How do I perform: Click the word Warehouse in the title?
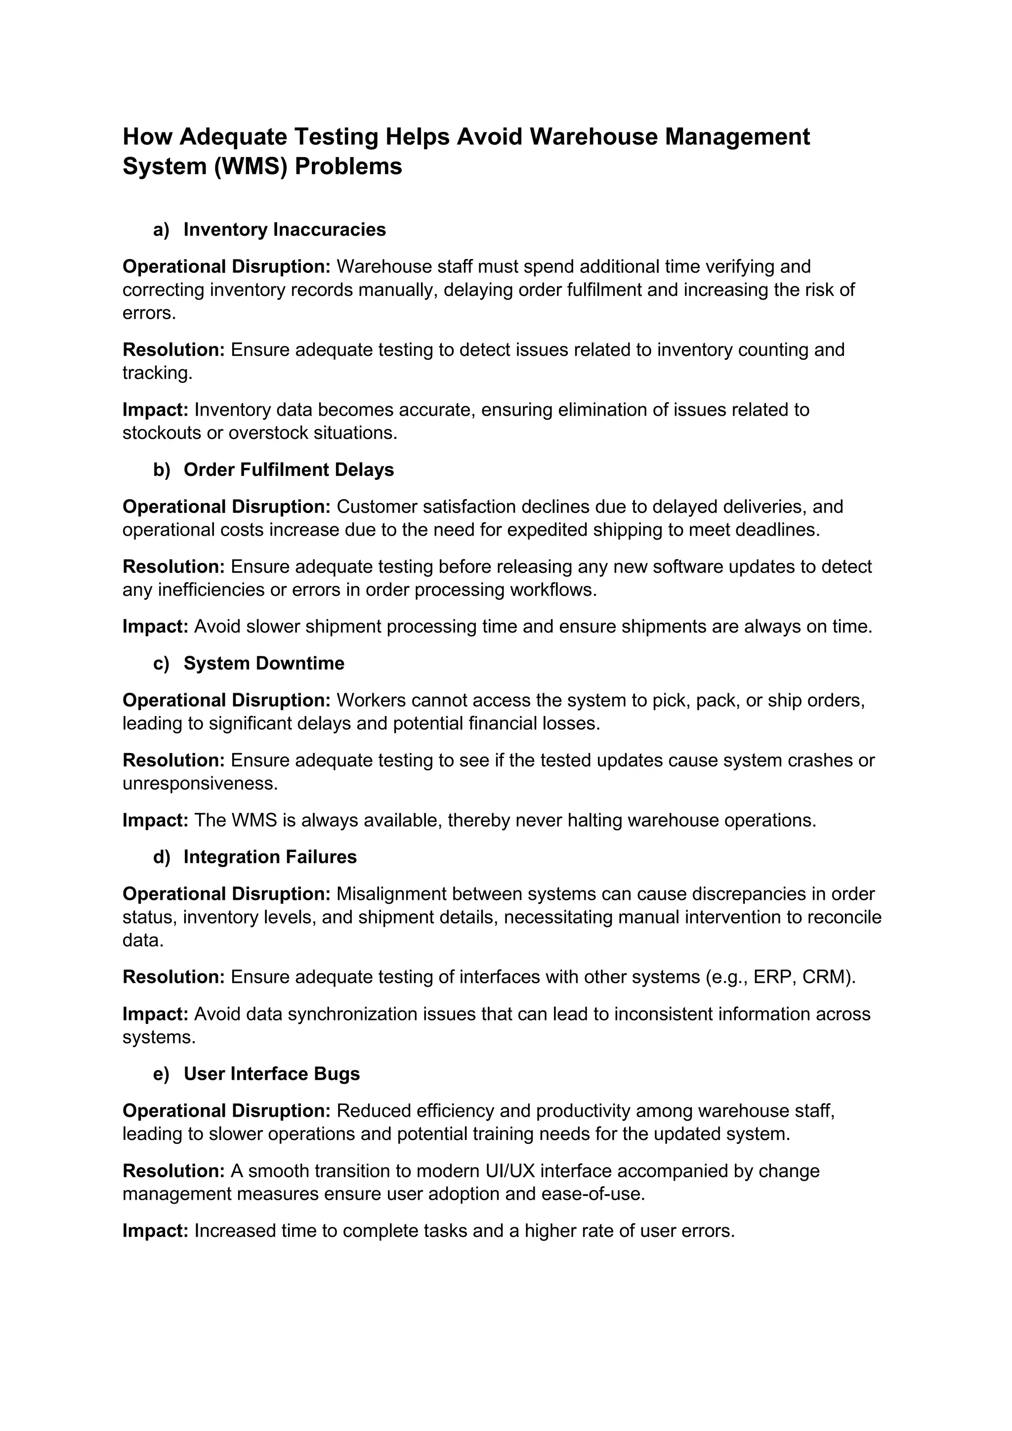tap(594, 136)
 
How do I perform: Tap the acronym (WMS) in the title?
tap(251, 167)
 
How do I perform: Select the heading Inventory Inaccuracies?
tap(285, 229)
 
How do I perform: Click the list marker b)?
tap(162, 469)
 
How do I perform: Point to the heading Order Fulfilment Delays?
tap(289, 469)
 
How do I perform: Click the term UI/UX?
tap(510, 1171)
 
